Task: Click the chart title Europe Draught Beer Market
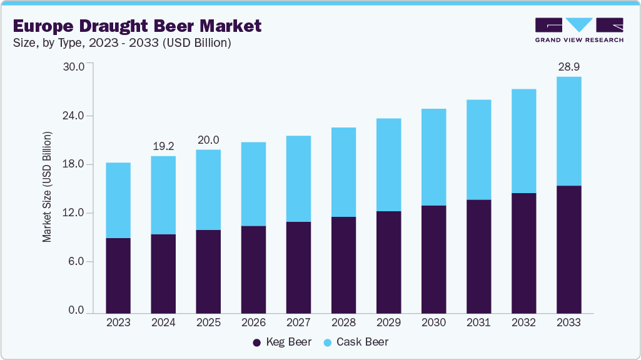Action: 137,26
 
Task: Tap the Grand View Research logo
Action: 578,29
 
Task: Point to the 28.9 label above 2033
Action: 568,66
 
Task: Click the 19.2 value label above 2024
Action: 163,146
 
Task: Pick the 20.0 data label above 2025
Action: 208,140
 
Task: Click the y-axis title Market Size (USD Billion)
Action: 47,187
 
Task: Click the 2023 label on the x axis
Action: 118,322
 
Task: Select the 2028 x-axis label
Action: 343,322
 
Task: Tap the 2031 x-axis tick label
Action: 478,322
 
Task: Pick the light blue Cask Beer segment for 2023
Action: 118,200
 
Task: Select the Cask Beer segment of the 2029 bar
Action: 388,164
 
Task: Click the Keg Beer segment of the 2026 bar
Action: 253,269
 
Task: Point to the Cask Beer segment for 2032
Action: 523,141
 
